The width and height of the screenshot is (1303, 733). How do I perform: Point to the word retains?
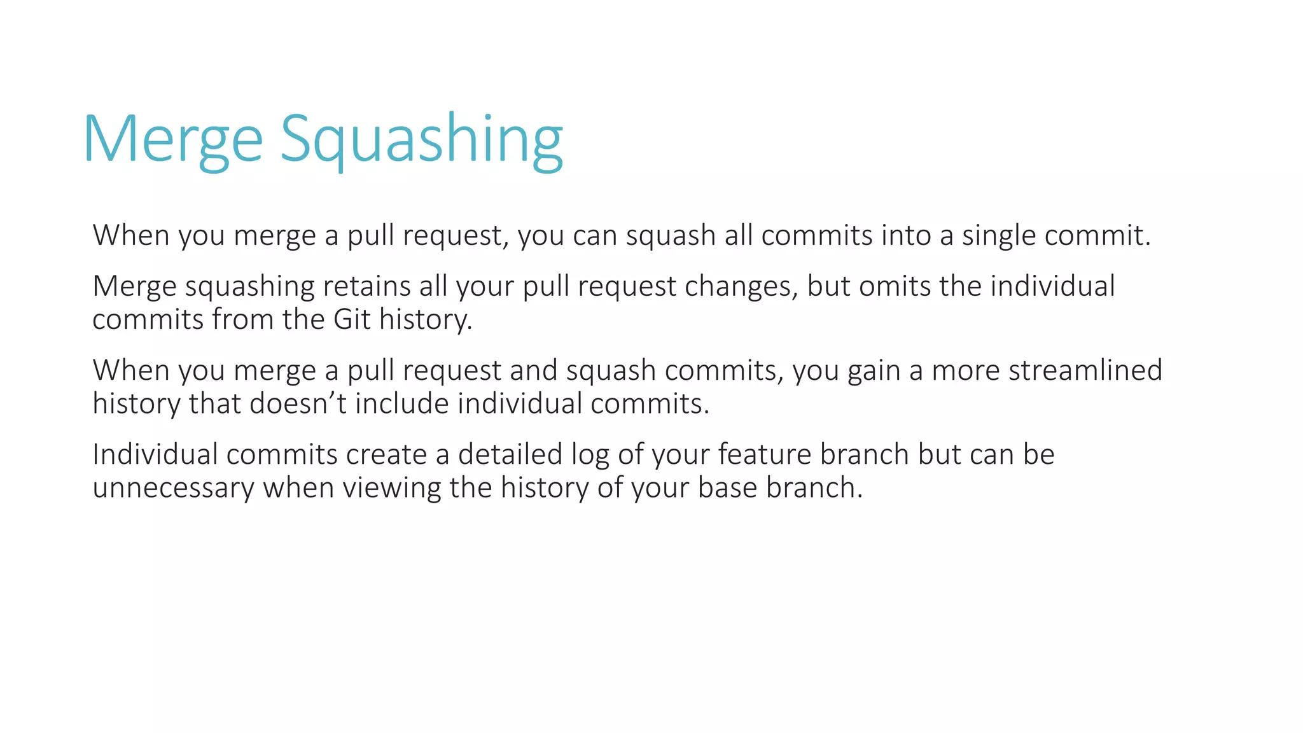click(x=366, y=286)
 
